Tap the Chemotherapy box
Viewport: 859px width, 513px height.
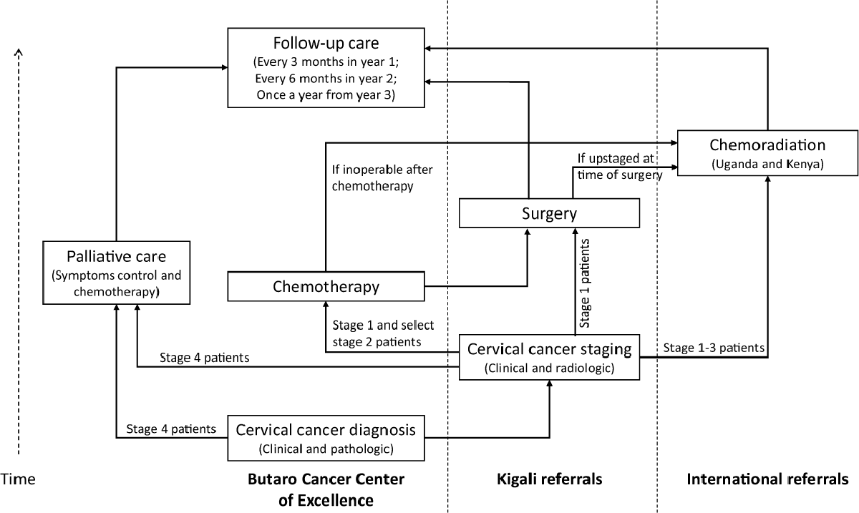[x=326, y=286]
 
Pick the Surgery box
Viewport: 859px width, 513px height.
[x=548, y=212]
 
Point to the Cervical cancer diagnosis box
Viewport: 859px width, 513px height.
[x=326, y=437]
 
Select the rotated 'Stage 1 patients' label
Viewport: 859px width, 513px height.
[x=585, y=283]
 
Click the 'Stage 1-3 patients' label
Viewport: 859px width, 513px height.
[x=714, y=348]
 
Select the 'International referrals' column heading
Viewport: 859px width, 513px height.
[x=767, y=479]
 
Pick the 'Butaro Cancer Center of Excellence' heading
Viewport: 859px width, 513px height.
[x=326, y=489]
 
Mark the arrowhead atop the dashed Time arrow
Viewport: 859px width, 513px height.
[x=19, y=52]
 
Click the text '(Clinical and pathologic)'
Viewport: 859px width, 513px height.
[x=326, y=449]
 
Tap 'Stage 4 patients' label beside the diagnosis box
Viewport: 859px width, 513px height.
[x=170, y=429]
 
